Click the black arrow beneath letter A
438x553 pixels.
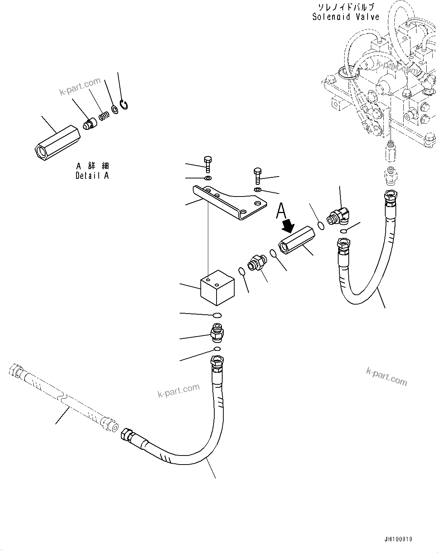click(288, 226)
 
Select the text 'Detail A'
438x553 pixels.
click(92, 175)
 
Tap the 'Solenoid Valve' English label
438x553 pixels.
click(345, 17)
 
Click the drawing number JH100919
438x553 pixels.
click(398, 539)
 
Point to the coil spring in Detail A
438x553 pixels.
click(103, 116)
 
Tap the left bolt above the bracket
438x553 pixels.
click(208, 164)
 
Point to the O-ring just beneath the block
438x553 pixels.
click(217, 315)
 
